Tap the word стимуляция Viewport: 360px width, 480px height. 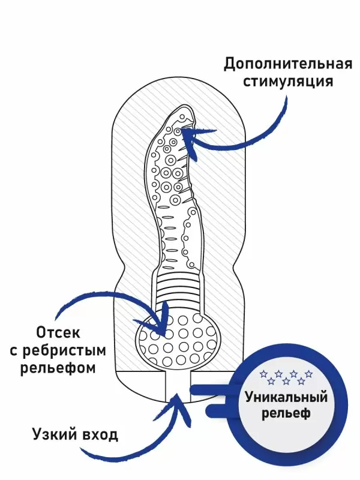coord(287,81)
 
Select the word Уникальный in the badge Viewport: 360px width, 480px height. coord(286,397)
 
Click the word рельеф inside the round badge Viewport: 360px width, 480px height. coord(286,414)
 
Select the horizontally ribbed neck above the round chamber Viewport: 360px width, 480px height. coord(178,291)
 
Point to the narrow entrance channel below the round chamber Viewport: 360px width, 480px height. coord(178,387)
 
